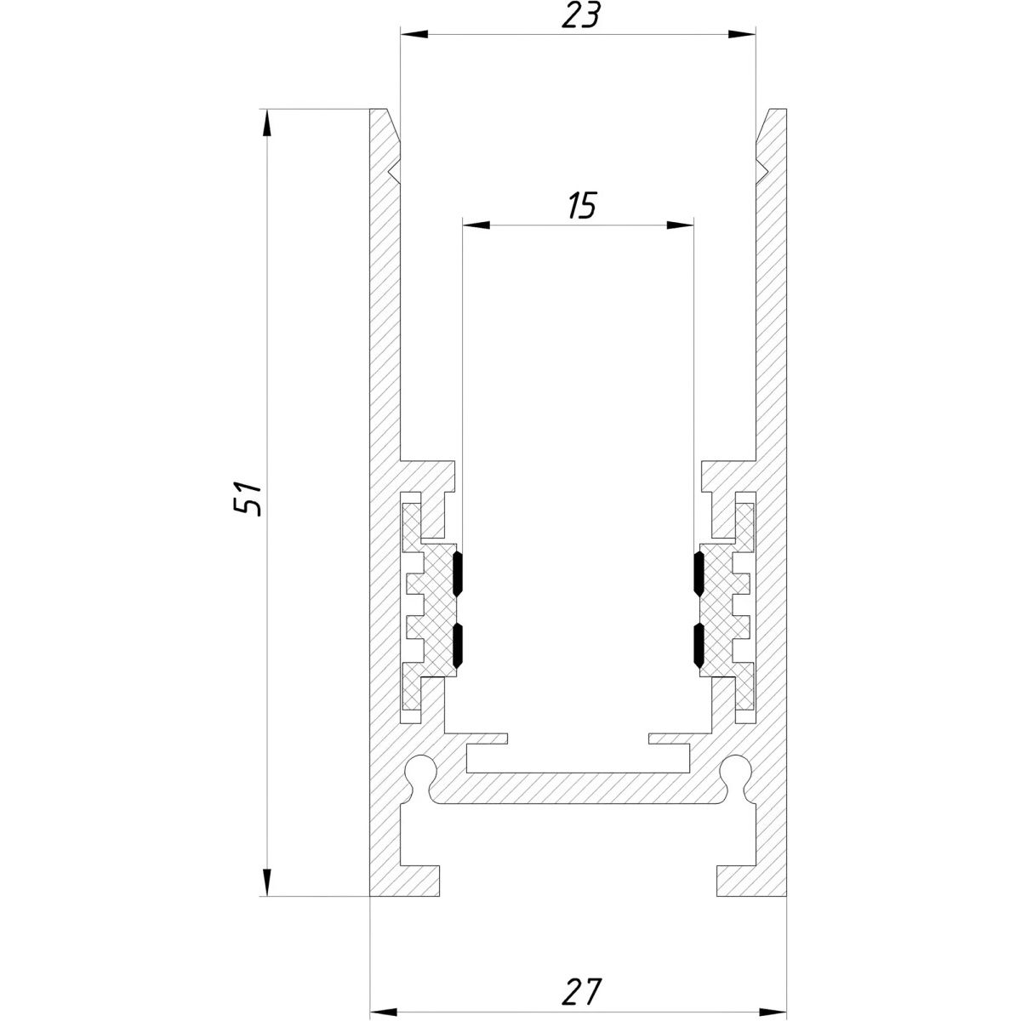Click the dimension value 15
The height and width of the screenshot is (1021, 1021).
[x=581, y=206]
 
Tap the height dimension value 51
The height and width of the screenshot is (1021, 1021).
[x=248, y=499]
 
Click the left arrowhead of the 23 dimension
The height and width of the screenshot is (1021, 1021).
[x=414, y=34]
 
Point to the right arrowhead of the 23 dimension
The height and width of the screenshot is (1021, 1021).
[x=742, y=34]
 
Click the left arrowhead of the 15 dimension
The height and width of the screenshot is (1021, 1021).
[x=476, y=225]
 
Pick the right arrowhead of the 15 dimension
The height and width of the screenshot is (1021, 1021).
[x=680, y=225]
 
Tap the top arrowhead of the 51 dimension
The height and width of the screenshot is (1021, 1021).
[x=267, y=123]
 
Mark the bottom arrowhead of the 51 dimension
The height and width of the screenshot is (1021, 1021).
[x=267, y=882]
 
